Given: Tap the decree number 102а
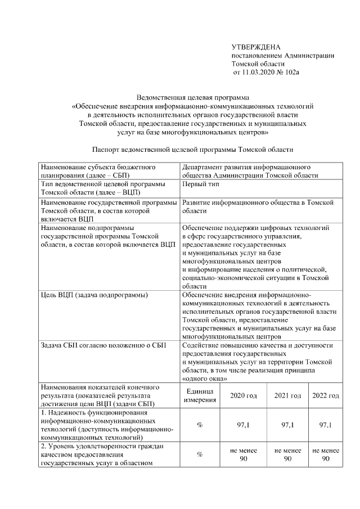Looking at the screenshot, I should click(x=292, y=73).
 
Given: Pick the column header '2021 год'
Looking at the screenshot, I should click(x=287, y=395).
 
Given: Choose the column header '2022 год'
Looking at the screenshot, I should click(x=325, y=395).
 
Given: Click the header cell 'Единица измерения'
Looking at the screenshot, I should click(x=199, y=395).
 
